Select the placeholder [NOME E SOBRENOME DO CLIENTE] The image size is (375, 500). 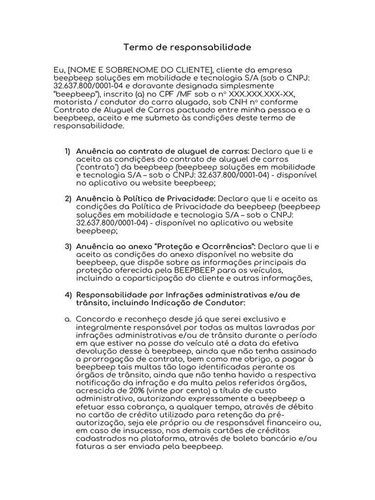point(138,70)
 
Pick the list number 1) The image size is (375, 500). point(68,151)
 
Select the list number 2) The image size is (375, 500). point(68,199)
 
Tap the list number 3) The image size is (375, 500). point(68,247)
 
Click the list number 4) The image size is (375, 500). point(68,294)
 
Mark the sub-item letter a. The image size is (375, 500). point(67,319)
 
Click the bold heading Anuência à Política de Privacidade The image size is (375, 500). point(146,199)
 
